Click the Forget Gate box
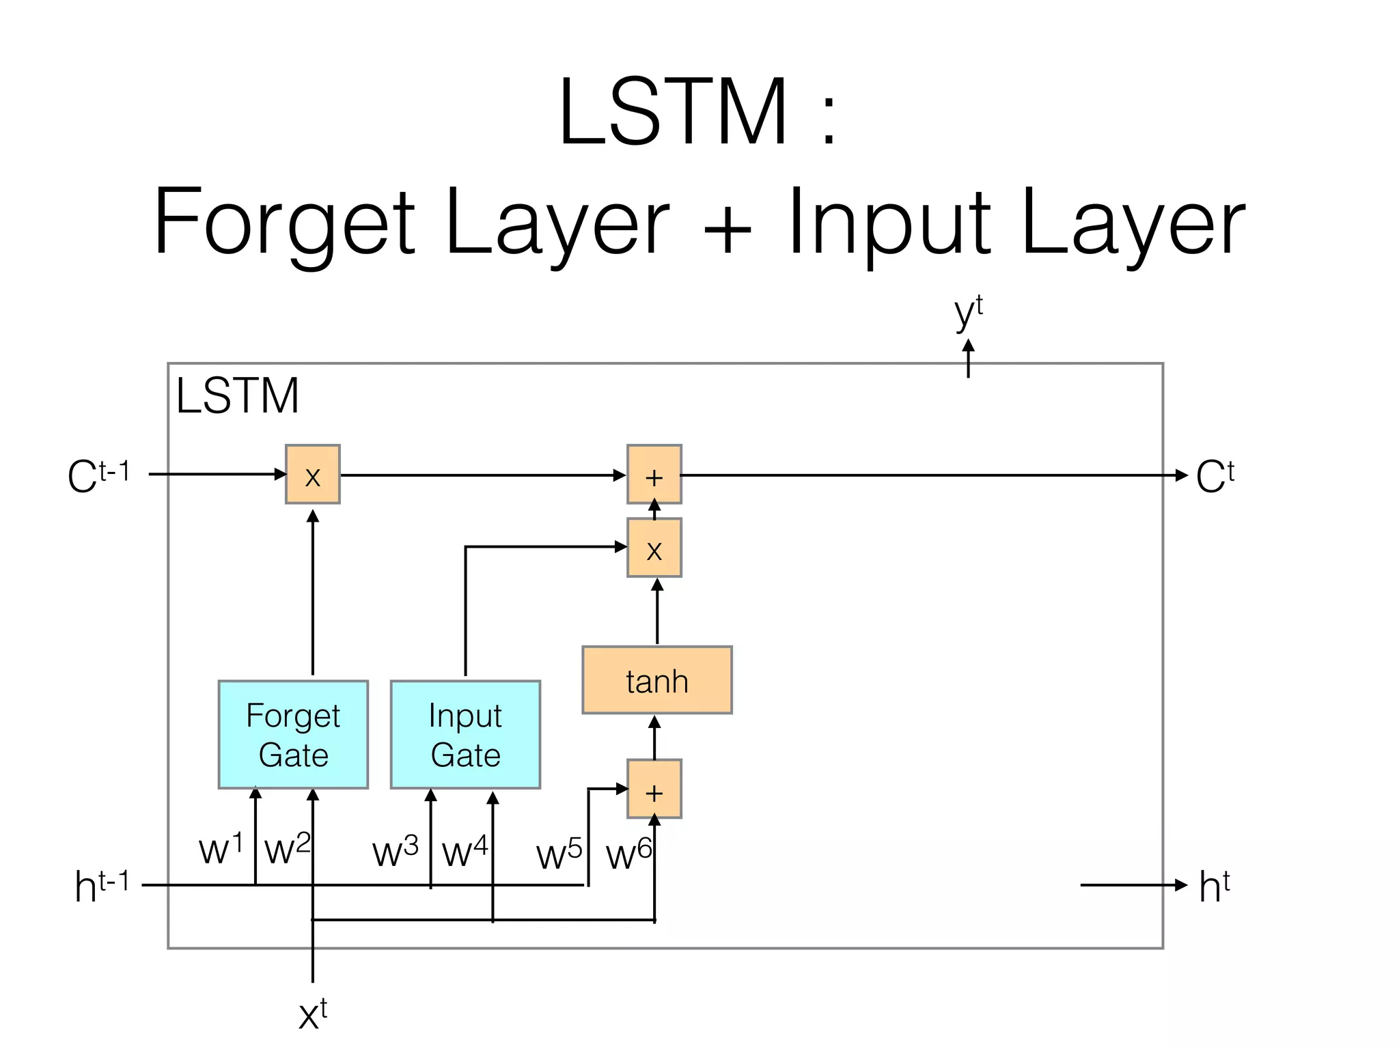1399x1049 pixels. pyautogui.click(x=293, y=735)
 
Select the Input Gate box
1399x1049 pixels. pyautogui.click(x=465, y=735)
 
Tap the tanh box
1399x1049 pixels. pyautogui.click(x=656, y=680)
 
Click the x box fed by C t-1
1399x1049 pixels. pyautogui.click(x=312, y=475)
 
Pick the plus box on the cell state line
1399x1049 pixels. pyautogui.click(x=654, y=475)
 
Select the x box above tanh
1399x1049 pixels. pyautogui.click(x=654, y=548)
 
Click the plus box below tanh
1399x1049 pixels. pyautogui.click(x=654, y=789)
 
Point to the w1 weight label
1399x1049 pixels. pyautogui.click(x=220, y=849)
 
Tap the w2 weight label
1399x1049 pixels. pyautogui.click(x=287, y=849)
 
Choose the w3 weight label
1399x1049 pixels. pyautogui.click(x=395, y=852)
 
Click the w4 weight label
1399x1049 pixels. pyautogui.click(x=465, y=852)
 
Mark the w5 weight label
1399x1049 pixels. pyautogui.click(x=559, y=854)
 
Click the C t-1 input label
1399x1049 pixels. pyautogui.click(x=98, y=475)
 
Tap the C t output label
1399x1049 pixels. pyautogui.click(x=1215, y=475)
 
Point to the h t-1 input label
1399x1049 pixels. pyautogui.click(x=101, y=886)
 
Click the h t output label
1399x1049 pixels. pyautogui.click(x=1214, y=886)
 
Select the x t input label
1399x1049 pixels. pyautogui.click(x=313, y=1013)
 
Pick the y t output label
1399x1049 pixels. pyautogui.click(x=968, y=313)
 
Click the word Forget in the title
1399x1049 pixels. pyautogui.click(x=283, y=222)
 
